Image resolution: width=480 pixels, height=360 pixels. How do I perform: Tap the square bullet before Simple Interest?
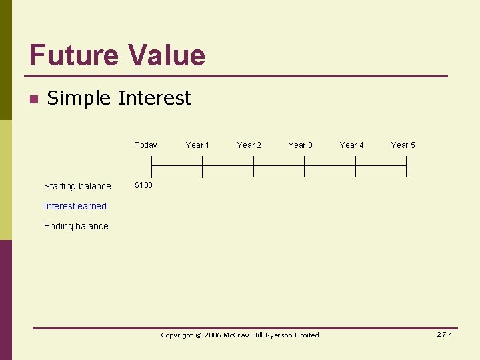[x=33, y=99]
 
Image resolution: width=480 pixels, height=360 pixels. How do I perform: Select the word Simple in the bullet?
[x=79, y=99]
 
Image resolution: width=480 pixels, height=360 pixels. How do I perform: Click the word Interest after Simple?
[x=154, y=98]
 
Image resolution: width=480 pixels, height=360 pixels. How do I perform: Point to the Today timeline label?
[x=145, y=145]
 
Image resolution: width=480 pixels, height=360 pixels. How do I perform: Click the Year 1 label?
[x=197, y=145]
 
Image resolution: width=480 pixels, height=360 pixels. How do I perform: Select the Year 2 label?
[x=249, y=145]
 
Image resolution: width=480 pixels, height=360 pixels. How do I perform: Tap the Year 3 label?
[x=300, y=145]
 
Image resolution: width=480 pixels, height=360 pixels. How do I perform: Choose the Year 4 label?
[x=351, y=145]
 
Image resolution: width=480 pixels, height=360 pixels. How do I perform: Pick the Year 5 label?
[x=403, y=145]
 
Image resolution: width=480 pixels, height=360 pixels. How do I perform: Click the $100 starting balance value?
[x=143, y=185]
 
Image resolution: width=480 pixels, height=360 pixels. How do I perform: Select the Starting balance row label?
[x=77, y=186]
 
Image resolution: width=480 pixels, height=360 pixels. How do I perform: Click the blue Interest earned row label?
[x=75, y=206]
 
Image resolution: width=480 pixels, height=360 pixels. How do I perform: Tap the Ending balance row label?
[x=76, y=226]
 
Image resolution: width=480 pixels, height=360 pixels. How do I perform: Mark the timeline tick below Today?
[x=151, y=166]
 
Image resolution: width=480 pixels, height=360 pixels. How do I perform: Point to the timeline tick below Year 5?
[x=407, y=166]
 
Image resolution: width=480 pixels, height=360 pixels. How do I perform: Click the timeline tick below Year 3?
[x=305, y=166]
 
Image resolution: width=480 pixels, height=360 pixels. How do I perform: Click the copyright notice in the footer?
[x=240, y=335]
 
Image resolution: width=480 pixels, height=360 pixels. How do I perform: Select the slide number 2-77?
[x=444, y=335]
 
